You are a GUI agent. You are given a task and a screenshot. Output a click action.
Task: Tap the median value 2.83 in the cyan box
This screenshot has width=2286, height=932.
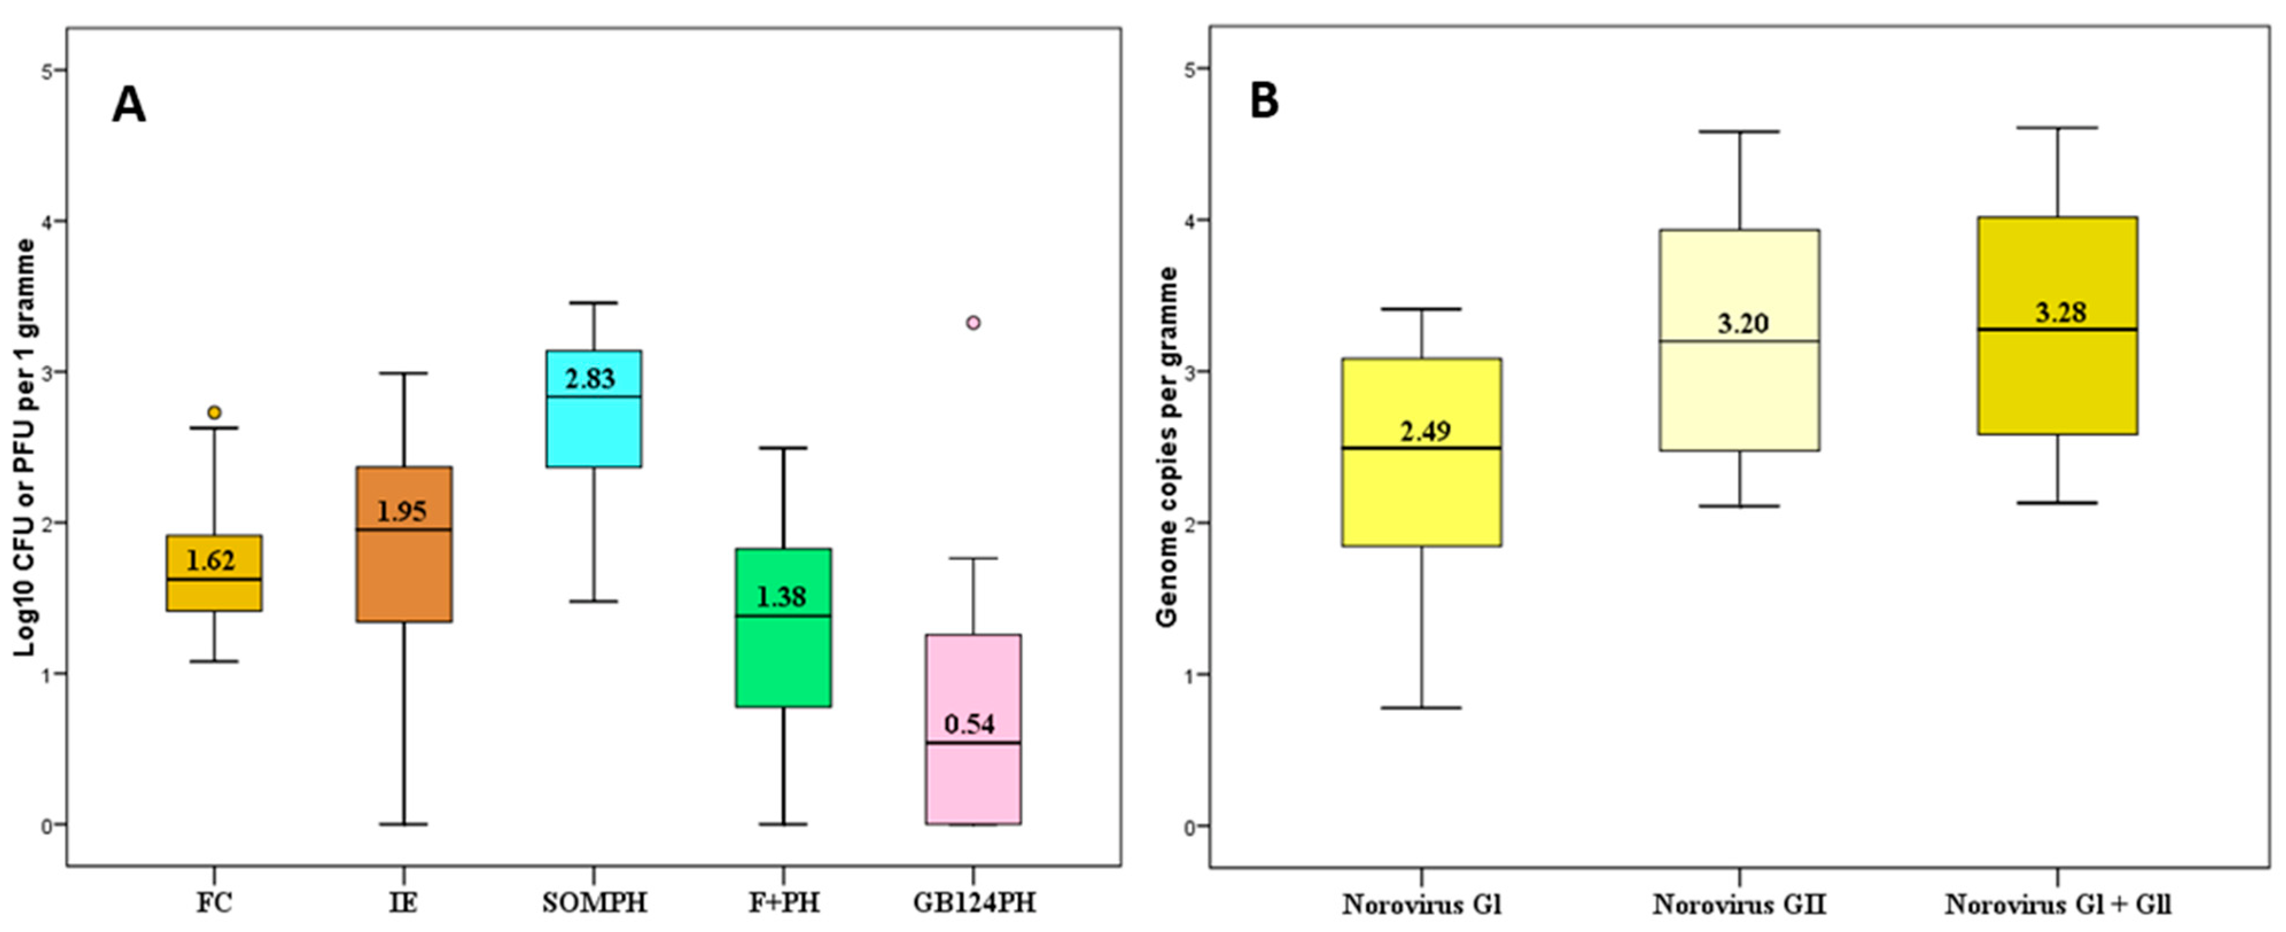point(590,379)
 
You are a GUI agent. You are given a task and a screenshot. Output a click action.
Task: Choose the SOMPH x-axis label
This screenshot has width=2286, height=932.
point(594,903)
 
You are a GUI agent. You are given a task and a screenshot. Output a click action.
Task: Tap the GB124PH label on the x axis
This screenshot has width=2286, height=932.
point(973,903)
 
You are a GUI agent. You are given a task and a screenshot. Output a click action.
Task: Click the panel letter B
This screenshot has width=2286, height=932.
point(1264,101)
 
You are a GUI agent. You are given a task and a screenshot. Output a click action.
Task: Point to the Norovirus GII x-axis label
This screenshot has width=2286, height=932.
point(1739,904)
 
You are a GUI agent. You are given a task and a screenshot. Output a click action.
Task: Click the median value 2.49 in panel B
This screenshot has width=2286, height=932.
point(1425,431)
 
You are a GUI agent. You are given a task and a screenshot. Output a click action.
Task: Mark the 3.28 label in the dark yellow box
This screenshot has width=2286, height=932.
point(2061,313)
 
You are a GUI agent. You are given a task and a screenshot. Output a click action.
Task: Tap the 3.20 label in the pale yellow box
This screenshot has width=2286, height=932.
point(1743,323)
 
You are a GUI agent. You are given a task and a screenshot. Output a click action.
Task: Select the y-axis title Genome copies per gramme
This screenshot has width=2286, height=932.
point(1168,446)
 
